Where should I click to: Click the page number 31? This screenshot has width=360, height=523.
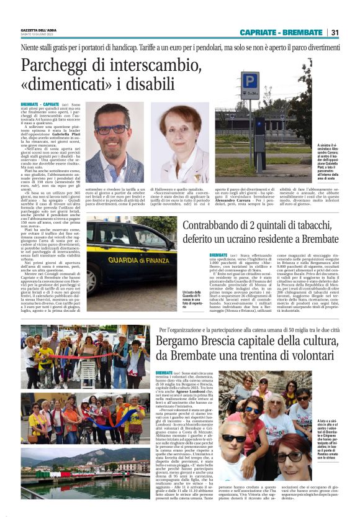(335, 32)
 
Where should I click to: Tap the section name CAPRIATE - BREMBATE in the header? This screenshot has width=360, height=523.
(284, 32)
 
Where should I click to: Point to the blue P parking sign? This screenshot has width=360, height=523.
(249, 81)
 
